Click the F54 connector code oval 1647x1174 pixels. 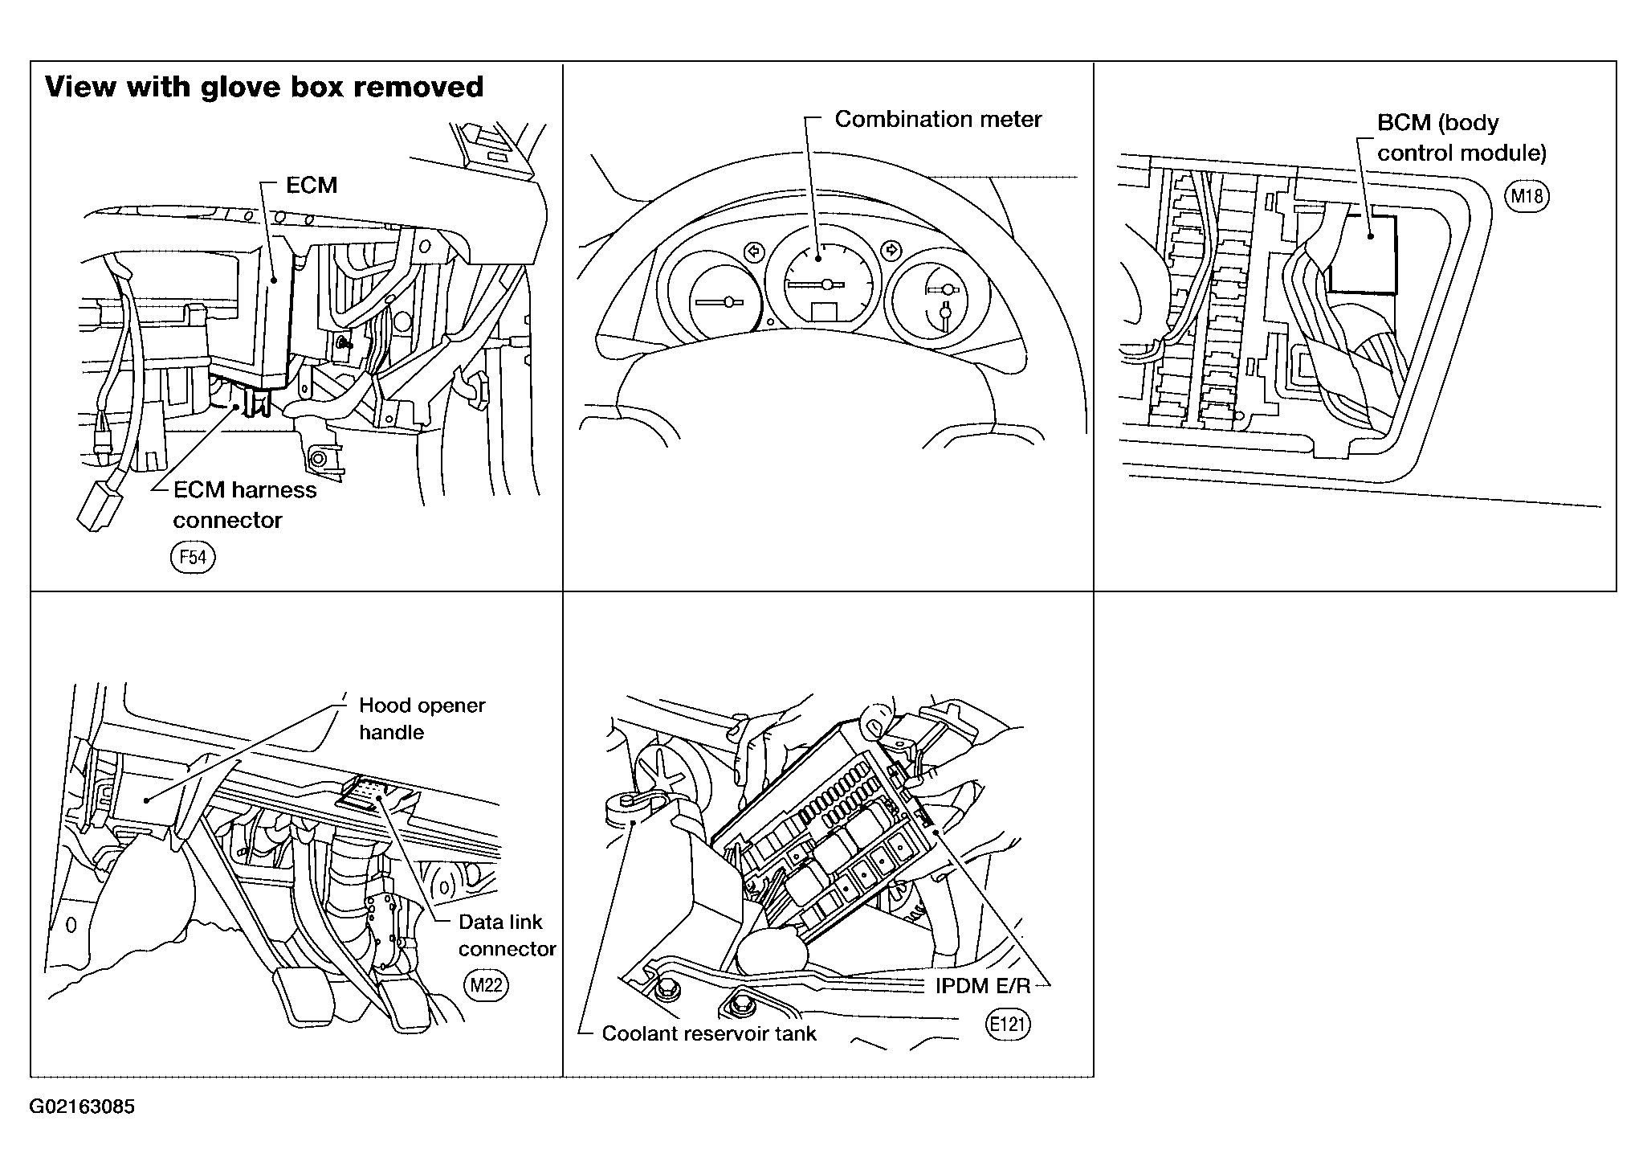193,558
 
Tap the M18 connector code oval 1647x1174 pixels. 1527,197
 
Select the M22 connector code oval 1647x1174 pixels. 486,985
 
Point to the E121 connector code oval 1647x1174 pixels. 1008,1025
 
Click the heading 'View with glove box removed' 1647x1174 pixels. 264,87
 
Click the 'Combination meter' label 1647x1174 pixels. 938,119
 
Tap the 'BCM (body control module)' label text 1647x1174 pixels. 1462,137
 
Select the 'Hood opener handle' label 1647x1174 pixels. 422,718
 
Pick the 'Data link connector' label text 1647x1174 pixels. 507,935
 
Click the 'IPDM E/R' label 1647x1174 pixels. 982,986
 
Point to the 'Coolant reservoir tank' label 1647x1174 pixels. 708,1033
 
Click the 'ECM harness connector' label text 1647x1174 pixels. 245,505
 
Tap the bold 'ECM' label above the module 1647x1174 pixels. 312,186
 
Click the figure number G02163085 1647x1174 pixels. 82,1107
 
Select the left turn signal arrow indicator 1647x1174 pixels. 753,252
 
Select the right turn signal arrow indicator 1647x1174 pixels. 890,249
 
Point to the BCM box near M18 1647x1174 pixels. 1363,252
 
